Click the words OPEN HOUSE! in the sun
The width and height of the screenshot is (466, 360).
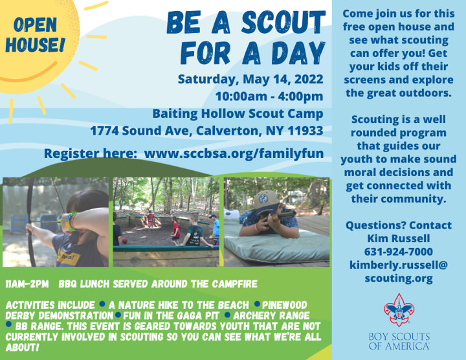click(x=36, y=35)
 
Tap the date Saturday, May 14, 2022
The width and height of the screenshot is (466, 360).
click(x=250, y=79)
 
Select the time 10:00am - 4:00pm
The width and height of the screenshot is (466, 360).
click(x=269, y=96)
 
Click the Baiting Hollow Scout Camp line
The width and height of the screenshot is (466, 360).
click(x=238, y=113)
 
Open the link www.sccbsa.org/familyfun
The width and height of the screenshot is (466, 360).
click(x=234, y=153)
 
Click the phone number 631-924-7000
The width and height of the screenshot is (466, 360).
click(x=398, y=251)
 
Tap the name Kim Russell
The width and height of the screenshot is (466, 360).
click(x=398, y=238)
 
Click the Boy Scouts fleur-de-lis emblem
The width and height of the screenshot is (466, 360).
click(x=399, y=309)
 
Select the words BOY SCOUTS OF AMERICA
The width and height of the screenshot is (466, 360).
click(x=399, y=341)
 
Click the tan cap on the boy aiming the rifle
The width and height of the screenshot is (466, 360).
click(x=267, y=199)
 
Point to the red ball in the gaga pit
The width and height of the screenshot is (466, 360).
click(x=125, y=240)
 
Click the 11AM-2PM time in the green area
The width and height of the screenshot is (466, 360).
click(x=27, y=284)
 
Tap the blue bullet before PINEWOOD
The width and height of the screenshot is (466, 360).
click(x=257, y=304)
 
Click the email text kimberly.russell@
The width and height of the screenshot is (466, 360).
click(x=398, y=265)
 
